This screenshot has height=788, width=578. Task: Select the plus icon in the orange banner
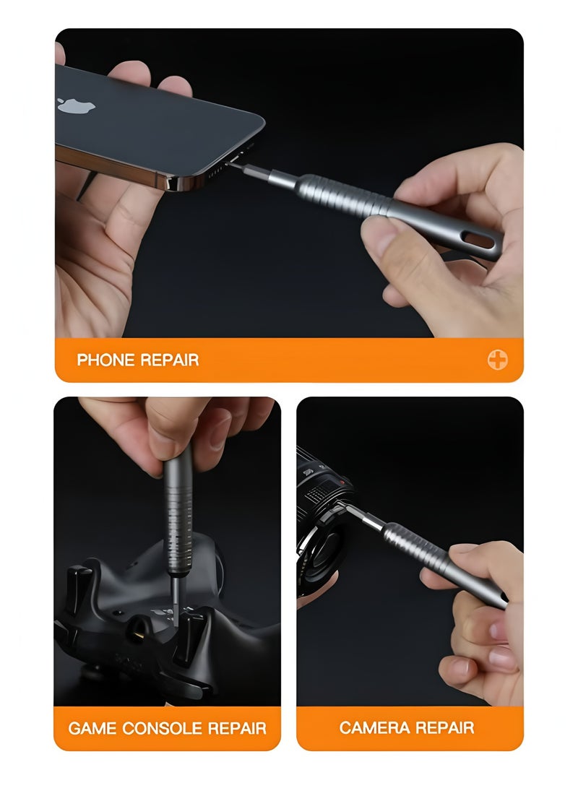tap(497, 360)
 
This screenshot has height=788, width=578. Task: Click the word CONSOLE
tap(163, 727)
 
